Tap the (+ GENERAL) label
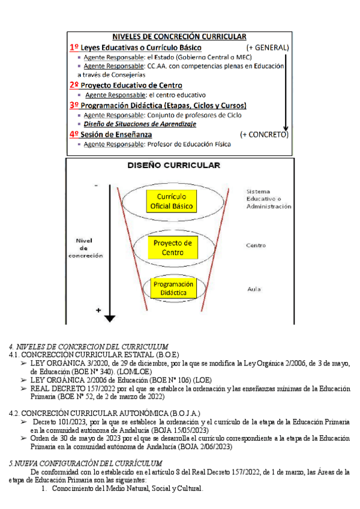[268, 47]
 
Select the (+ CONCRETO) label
[263, 134]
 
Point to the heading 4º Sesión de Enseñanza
[112, 134]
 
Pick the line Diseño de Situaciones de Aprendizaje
[140, 124]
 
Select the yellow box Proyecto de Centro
[172, 247]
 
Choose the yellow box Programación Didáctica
[173, 288]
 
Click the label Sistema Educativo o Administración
[268, 199]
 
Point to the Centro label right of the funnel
[256, 245]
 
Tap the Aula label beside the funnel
[254, 289]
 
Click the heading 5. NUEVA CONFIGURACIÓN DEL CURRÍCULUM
[85, 463]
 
